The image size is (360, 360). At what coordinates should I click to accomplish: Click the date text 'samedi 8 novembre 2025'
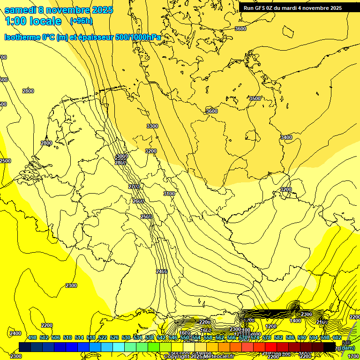(x=59, y=10)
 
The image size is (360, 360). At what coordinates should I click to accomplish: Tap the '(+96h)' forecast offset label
(x=81, y=21)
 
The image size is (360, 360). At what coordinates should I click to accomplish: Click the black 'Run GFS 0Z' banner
(x=292, y=8)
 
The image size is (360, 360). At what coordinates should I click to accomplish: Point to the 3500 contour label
(x=255, y=98)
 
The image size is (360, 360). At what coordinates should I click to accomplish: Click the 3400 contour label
(x=286, y=137)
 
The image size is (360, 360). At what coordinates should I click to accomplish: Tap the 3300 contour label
(x=152, y=126)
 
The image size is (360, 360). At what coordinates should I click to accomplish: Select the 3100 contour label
(x=169, y=194)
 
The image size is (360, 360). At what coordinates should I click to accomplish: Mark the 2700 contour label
(x=134, y=187)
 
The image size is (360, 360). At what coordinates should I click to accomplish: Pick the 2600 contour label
(x=138, y=201)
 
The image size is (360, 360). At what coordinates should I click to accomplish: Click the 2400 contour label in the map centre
(x=162, y=271)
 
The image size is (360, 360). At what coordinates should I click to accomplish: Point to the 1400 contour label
(x=295, y=321)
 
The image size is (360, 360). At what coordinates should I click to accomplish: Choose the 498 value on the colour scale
(x=32, y=337)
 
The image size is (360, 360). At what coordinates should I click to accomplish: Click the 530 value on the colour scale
(x=126, y=337)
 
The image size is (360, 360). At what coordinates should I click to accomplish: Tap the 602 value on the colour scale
(x=337, y=337)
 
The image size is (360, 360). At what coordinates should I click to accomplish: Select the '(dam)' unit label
(x=347, y=347)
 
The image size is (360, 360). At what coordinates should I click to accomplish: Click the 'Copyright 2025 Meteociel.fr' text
(x=198, y=356)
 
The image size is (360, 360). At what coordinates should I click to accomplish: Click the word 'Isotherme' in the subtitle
(x=22, y=37)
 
